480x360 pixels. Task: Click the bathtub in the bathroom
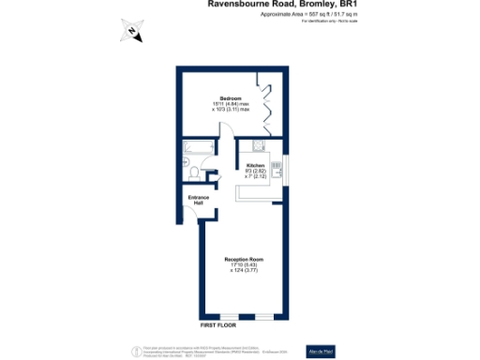200,147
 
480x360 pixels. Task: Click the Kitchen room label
256,165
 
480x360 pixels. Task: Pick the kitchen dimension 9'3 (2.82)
256,172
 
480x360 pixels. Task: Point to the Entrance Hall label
198,200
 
